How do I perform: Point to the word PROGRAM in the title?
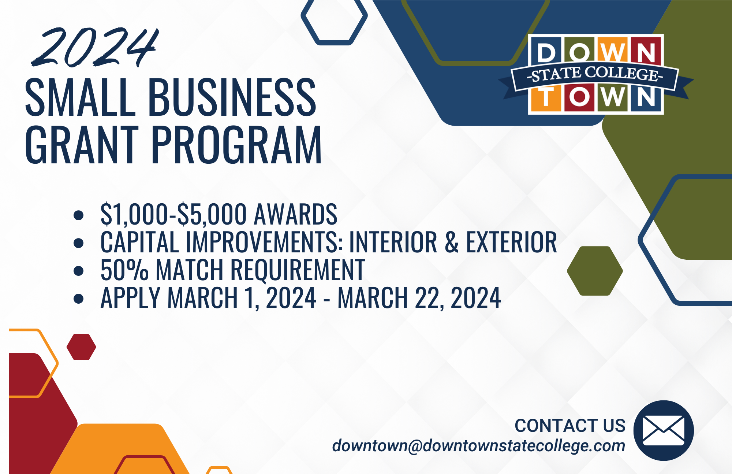pos(236,144)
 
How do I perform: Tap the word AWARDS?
pos(295,214)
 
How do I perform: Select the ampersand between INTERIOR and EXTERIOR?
pos(452,242)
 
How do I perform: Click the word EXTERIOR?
pos(511,242)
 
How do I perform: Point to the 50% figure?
pos(124,270)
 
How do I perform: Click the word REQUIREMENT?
pos(298,270)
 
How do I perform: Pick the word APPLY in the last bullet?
pos(131,297)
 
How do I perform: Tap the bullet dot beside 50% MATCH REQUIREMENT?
pos(79,271)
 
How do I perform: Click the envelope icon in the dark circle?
pos(664,430)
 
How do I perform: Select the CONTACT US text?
pos(570,426)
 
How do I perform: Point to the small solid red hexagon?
pos(81,347)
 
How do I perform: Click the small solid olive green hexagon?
pos(595,271)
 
